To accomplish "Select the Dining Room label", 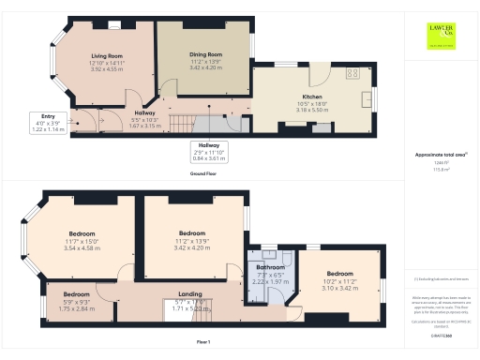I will pyautogui.click(x=203, y=53).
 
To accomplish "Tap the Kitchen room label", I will pyautogui.click(x=312, y=97).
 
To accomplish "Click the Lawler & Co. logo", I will pyautogui.click(x=440, y=35).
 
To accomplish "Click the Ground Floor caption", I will pyautogui.click(x=203, y=175).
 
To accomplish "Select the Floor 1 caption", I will pyautogui.click(x=203, y=343).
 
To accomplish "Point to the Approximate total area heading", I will pyautogui.click(x=441, y=155).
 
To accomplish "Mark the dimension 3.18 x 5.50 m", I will pyautogui.click(x=312, y=110).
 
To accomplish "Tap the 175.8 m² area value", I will pyautogui.click(x=440, y=169).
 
